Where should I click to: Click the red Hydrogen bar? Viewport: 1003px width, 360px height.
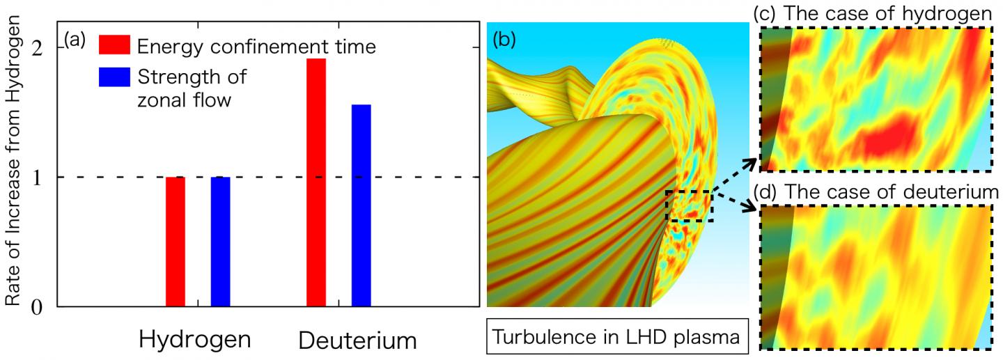pos(176,242)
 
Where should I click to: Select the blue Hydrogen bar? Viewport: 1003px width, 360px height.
pos(220,242)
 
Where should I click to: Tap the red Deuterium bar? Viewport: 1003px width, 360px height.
pos(316,182)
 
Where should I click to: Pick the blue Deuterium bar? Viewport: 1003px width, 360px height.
pos(361,205)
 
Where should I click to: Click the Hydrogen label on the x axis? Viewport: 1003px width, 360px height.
pos(195,339)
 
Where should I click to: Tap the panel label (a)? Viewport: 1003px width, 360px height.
pos(75,39)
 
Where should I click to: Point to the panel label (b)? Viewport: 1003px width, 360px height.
pos(504,40)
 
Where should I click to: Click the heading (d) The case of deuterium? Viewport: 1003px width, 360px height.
pos(874,192)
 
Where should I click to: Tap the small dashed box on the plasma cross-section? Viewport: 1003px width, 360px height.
pos(689,206)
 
